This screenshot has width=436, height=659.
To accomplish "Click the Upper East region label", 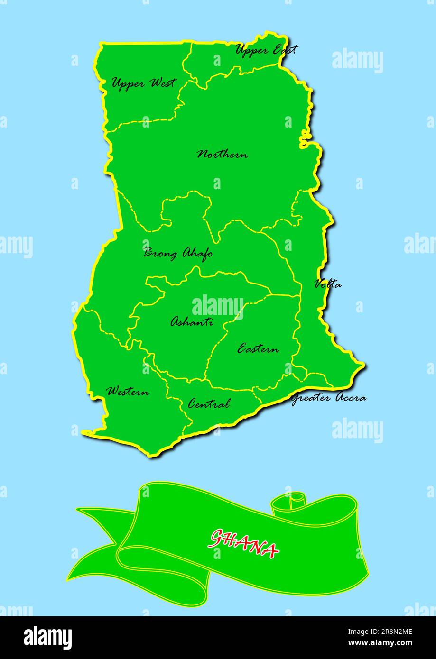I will point(266,49).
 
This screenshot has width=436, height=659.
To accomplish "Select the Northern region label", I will point(222,155).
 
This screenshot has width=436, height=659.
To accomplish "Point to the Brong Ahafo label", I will point(178,254).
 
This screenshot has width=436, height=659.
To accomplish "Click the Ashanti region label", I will point(191,322).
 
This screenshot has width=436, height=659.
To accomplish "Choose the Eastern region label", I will point(258,349).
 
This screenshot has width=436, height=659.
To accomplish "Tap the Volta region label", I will point(327,284).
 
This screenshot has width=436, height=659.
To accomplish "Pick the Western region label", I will point(128,392).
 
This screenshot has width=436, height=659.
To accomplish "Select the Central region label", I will point(209,404).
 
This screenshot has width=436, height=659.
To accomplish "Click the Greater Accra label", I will point(328,398).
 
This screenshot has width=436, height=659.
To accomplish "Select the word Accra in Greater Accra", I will point(351,398).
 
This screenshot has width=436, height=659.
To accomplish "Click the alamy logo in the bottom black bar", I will point(47,638).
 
